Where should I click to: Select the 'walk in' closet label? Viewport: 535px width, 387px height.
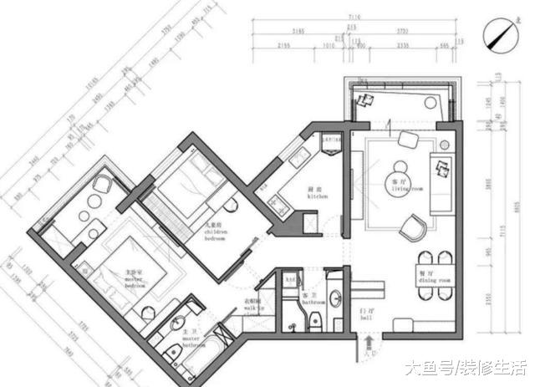tap(253, 304)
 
